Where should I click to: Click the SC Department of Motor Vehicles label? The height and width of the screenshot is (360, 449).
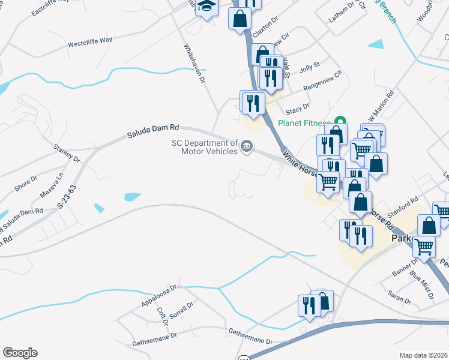point(205,147)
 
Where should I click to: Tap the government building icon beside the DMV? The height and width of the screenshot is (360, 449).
point(246,147)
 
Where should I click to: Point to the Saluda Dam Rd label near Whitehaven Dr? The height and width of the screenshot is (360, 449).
point(153,131)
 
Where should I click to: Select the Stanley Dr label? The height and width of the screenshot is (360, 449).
point(67,153)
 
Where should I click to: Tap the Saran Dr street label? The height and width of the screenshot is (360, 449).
point(399,297)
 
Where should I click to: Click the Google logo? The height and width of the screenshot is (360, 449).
point(20,353)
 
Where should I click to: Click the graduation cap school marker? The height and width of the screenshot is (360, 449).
point(207,8)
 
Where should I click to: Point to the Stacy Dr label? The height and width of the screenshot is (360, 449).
point(298,107)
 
